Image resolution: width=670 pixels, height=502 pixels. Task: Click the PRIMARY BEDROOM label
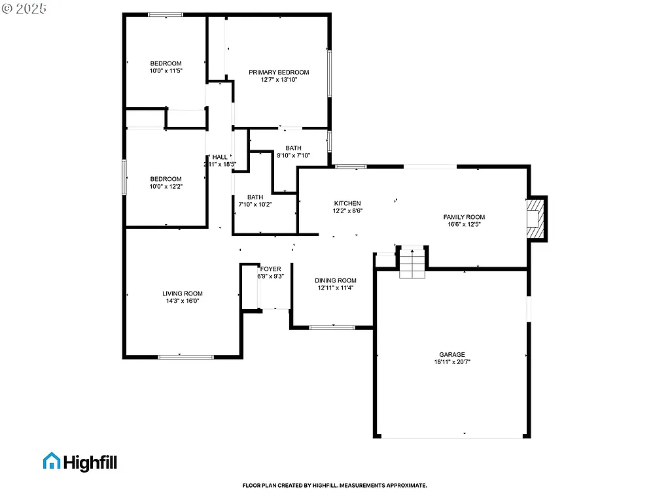click(x=278, y=72)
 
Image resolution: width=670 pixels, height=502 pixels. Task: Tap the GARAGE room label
click(x=452, y=355)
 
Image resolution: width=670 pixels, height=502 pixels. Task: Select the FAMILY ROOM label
click(x=464, y=217)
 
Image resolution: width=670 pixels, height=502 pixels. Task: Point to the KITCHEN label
click(x=347, y=203)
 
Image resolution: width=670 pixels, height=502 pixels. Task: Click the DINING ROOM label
click(x=337, y=280)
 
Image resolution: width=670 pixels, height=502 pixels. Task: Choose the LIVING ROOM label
click(x=183, y=293)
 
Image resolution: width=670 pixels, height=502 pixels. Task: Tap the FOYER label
click(x=270, y=269)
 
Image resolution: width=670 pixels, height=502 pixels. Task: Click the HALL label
click(x=220, y=157)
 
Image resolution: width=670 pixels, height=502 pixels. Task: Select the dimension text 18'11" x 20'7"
click(x=452, y=362)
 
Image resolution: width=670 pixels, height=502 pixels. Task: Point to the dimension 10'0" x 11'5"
click(x=166, y=71)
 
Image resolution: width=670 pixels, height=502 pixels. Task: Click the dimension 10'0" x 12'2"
click(x=166, y=186)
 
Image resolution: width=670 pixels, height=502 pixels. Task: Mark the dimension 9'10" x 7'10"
click(x=293, y=156)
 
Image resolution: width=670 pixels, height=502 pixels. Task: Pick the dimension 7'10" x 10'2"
click(x=255, y=205)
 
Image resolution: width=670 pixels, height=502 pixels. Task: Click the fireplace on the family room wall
click(x=537, y=218)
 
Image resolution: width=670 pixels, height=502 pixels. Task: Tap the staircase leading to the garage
click(x=412, y=263)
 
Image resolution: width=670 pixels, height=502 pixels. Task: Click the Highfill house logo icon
click(x=51, y=461)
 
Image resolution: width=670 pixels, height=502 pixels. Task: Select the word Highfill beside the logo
click(x=90, y=462)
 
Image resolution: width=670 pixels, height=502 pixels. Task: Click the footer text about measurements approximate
click(x=334, y=486)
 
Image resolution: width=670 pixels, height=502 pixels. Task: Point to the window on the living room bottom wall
click(x=186, y=357)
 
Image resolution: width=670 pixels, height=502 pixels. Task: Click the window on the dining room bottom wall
click(x=332, y=327)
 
